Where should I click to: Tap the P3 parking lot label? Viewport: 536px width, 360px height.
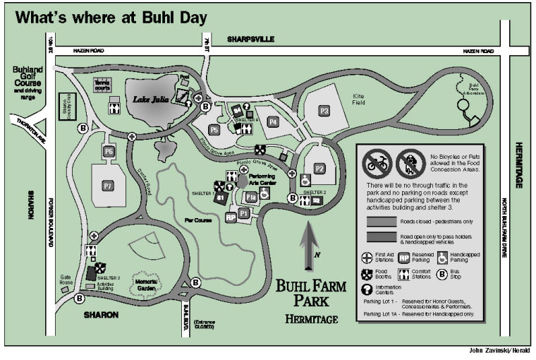(x=324, y=111)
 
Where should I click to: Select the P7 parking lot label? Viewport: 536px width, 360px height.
(x=108, y=185)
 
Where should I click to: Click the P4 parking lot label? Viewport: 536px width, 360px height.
(x=273, y=121)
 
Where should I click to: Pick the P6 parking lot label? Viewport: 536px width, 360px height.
(x=109, y=151)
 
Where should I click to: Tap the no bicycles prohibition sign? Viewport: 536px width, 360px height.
(x=376, y=163)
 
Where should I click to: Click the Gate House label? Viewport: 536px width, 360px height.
(x=66, y=281)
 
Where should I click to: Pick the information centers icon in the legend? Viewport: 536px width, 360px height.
(x=370, y=289)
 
